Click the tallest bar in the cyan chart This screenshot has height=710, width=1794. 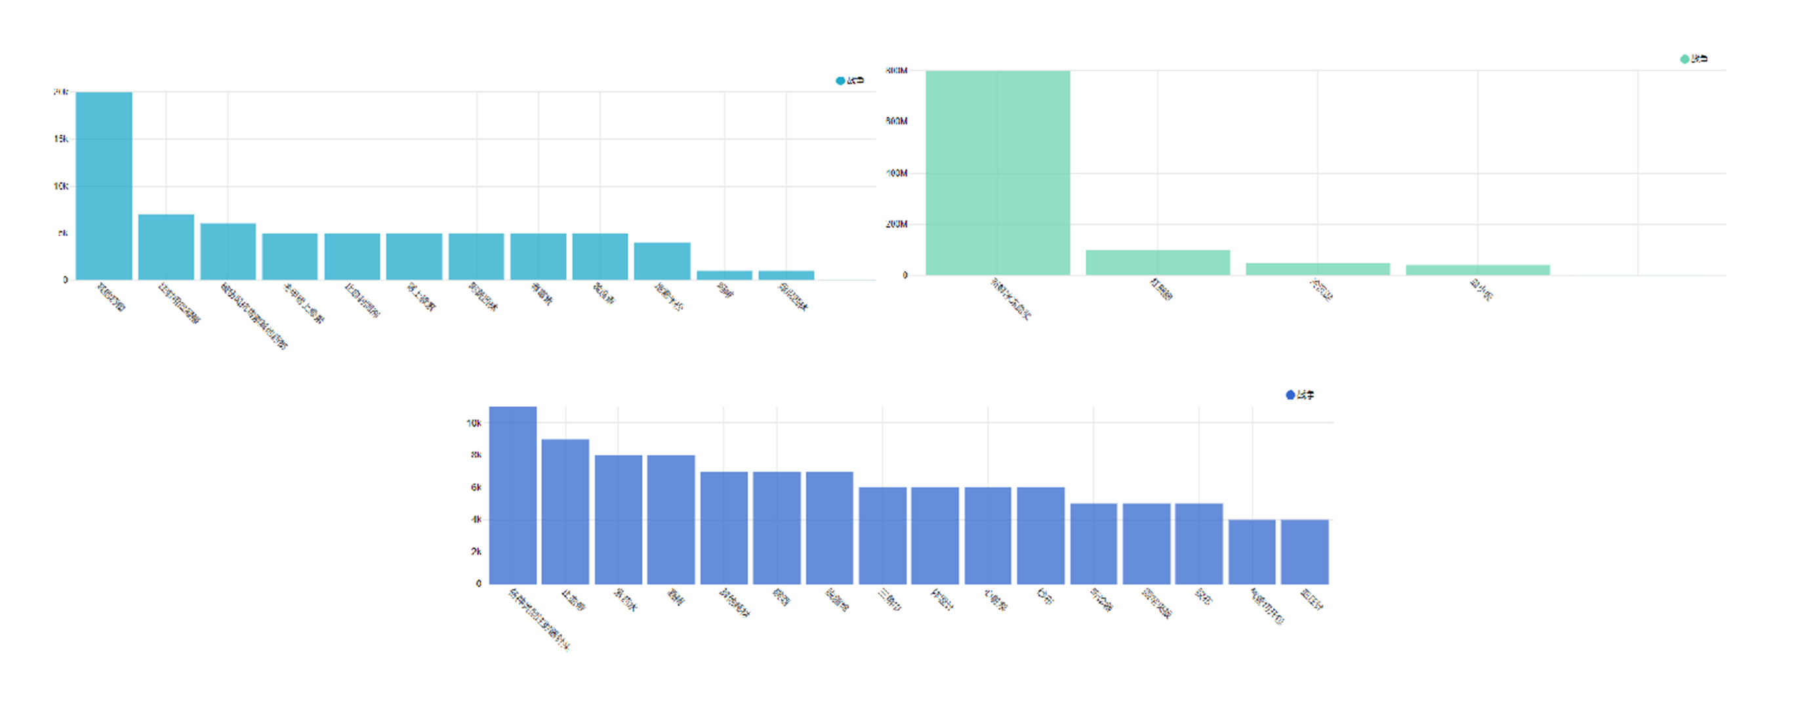[x=104, y=185]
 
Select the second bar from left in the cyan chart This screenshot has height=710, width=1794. [x=166, y=247]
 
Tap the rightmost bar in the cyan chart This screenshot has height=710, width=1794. [x=786, y=275]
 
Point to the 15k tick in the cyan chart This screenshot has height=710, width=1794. [x=61, y=139]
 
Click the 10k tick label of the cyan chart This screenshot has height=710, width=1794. [x=61, y=186]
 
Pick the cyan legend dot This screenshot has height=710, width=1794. [x=840, y=81]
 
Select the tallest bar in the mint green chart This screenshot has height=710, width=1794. [x=997, y=173]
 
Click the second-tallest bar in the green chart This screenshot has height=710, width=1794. [x=1158, y=262]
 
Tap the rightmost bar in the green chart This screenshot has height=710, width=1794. [x=1478, y=270]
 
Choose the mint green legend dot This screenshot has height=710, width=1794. [x=1684, y=59]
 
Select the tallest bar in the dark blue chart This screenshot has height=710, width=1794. [x=512, y=495]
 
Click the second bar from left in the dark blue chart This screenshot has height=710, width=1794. [x=565, y=511]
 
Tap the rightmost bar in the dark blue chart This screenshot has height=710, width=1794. [x=1305, y=552]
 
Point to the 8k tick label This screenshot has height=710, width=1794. [x=476, y=455]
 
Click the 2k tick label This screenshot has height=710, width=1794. [x=476, y=552]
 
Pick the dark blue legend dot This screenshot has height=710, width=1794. [x=1290, y=395]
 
